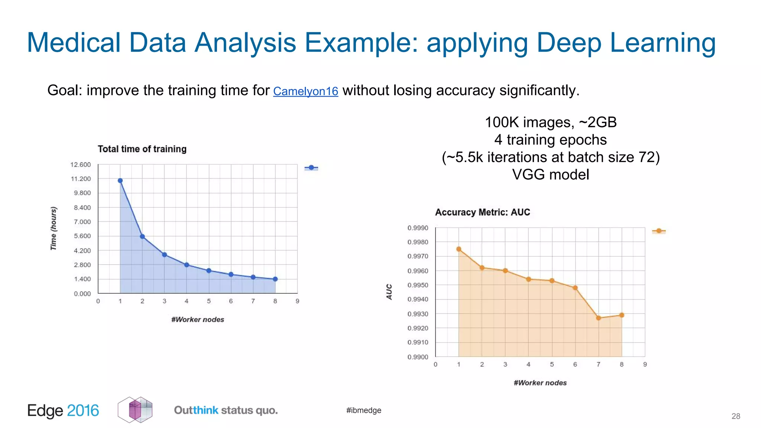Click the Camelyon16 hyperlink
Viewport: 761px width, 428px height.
(x=305, y=91)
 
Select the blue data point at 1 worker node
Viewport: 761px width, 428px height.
(x=120, y=181)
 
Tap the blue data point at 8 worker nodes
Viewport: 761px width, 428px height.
(x=275, y=279)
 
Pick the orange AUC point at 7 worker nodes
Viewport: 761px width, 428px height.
(x=598, y=318)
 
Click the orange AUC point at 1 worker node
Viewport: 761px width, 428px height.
(x=459, y=249)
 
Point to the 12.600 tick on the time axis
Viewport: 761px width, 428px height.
(x=80, y=165)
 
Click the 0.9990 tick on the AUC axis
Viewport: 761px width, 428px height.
(x=418, y=228)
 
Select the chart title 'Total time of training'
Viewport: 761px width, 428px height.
(x=142, y=149)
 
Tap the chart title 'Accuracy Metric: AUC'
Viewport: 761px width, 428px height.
(x=482, y=212)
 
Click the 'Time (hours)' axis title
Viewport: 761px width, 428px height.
(x=54, y=228)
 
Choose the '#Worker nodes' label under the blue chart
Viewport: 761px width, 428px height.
(x=198, y=320)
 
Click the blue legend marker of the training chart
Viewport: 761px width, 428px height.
(x=311, y=168)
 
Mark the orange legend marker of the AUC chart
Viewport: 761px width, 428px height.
(x=659, y=231)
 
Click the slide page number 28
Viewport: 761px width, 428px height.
(x=736, y=416)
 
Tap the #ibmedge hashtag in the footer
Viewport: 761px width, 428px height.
(x=363, y=410)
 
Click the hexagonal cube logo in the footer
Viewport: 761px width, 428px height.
(x=135, y=410)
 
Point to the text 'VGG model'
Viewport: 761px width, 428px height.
(x=550, y=175)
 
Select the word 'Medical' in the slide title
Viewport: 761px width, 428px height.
(x=74, y=42)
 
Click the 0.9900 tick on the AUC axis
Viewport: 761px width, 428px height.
(x=418, y=357)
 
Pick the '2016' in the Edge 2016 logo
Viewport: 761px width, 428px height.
(x=83, y=411)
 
